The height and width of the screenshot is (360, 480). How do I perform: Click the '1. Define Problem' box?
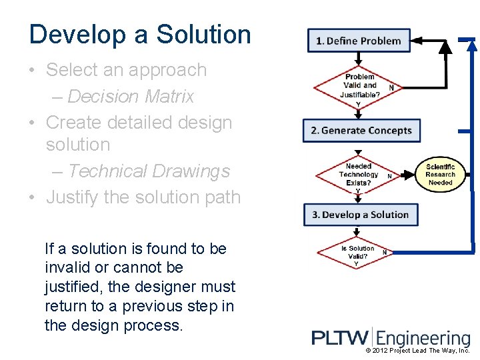[359, 41]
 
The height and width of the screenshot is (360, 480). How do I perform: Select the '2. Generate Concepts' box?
[361, 131]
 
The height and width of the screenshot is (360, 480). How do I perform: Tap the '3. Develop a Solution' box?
[361, 215]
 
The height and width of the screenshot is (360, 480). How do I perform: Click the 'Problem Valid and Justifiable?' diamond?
[359, 85]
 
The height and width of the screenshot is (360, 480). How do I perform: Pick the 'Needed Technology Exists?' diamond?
[359, 175]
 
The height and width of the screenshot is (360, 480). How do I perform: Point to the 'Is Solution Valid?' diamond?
[358, 253]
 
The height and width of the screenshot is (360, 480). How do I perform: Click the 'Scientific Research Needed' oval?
[440, 175]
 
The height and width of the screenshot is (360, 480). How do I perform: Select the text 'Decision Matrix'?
[131, 97]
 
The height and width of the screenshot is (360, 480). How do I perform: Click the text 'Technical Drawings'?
[149, 171]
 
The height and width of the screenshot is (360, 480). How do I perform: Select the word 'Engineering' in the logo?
[427, 339]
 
